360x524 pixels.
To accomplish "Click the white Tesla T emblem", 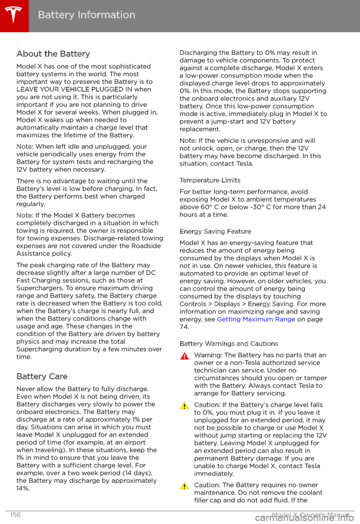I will click(13, 15).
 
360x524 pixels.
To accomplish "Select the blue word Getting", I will click(229, 319).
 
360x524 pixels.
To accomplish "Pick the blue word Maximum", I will click(258, 319).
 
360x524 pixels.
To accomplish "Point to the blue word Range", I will click(285, 319).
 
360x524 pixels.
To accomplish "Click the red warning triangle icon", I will click(184, 356).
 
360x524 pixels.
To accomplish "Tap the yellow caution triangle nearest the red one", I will click(184, 406).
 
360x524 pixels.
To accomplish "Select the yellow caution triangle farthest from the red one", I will click(184, 486).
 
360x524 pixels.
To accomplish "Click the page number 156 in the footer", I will click(15, 515).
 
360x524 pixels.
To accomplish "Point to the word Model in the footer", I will click(281, 515).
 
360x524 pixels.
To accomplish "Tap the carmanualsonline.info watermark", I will click(304, 518).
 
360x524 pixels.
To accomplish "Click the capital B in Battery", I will click(41, 15).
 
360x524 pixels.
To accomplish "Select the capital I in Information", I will click(79, 15).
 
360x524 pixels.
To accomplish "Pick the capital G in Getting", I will click(220, 319).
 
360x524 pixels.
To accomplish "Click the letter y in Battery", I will click(72, 16).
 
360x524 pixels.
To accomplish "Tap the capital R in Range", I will click(278, 319).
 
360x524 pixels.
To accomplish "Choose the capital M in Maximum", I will click(246, 319).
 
